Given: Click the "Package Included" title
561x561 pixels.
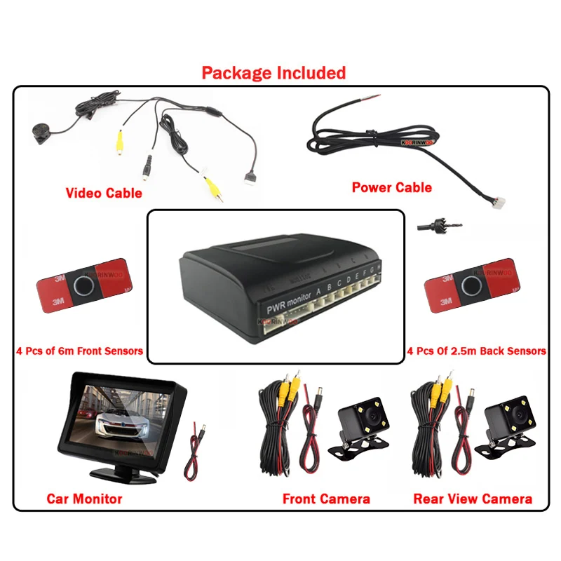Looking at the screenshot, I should point(273,73).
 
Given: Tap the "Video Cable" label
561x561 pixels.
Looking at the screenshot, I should point(104,193).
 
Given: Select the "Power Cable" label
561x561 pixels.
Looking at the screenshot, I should point(391,187).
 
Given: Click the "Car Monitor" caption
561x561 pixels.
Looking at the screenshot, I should point(84,499).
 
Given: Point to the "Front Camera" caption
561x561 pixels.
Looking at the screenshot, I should point(326,499).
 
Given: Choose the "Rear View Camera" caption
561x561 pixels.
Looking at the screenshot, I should point(472,499).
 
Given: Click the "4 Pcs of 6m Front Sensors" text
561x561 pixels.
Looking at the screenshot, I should point(79,351).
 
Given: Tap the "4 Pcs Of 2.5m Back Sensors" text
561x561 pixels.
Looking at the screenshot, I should point(476,351).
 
